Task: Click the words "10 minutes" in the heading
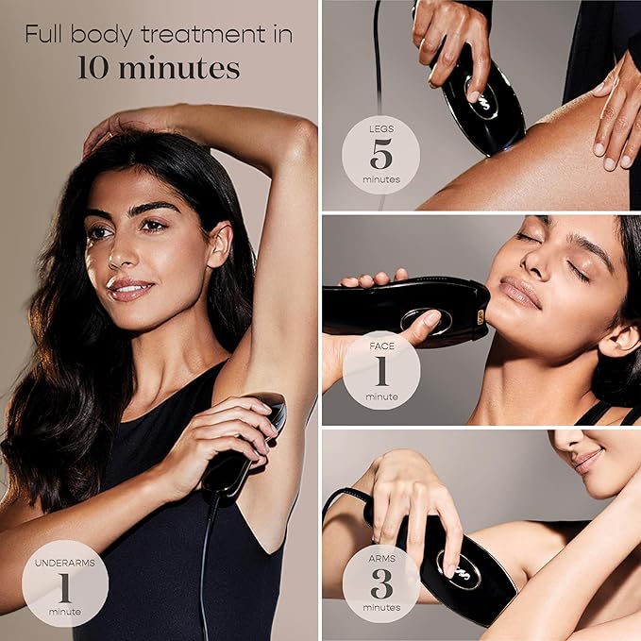point(159,69)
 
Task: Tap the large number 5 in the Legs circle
point(380,153)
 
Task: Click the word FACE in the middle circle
point(380,349)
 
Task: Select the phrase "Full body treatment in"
point(159,36)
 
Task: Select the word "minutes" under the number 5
point(380,177)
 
